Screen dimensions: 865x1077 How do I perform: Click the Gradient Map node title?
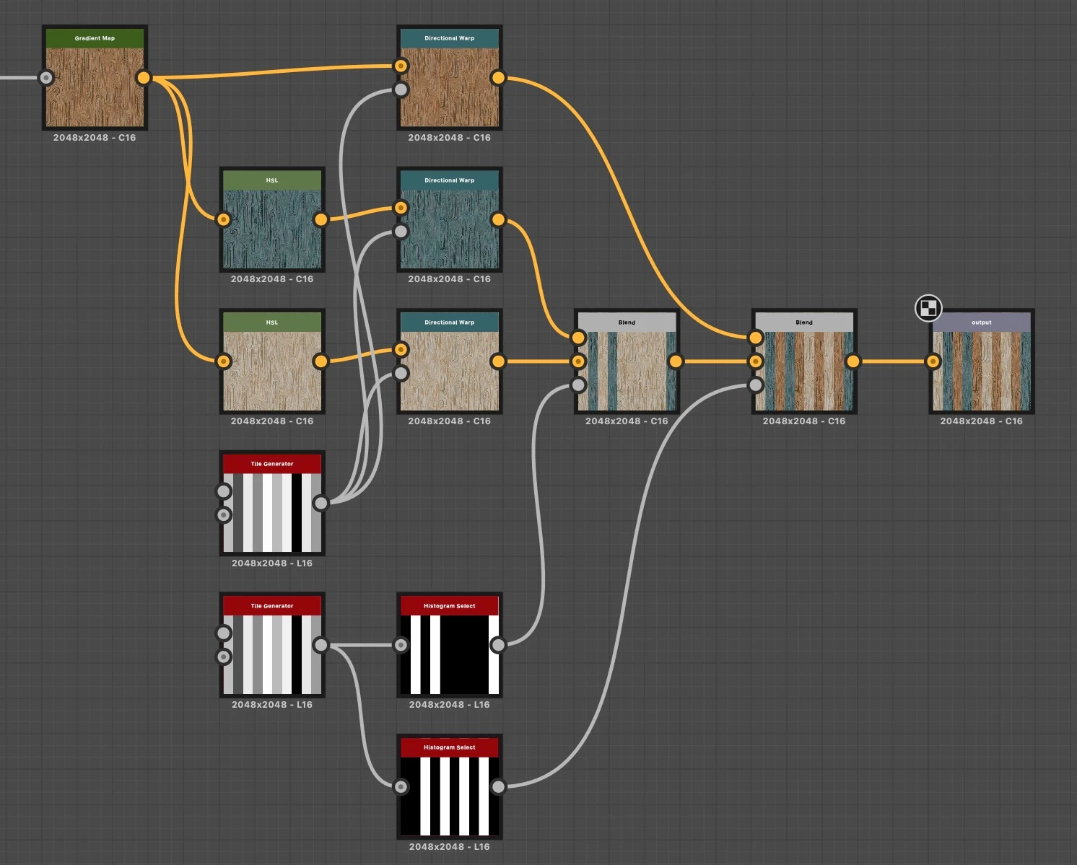95,38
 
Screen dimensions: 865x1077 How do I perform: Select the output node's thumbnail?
982,371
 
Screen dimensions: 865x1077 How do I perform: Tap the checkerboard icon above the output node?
928,308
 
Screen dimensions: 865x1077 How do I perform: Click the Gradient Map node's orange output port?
144,78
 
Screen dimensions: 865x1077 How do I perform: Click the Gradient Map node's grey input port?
46,78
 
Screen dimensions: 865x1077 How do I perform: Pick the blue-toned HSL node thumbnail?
272,229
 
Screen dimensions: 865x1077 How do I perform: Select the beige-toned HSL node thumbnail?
272,371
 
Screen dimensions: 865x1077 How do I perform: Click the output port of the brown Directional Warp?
498,78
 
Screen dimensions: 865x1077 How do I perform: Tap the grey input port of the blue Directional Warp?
401,232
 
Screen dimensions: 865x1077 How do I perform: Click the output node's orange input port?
933,361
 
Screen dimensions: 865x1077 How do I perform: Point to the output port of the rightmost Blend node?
853,361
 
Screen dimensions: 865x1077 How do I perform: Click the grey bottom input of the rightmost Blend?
756,385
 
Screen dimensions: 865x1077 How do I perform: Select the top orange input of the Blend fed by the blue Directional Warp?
578,338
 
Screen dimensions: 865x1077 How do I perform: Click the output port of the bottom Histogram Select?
498,787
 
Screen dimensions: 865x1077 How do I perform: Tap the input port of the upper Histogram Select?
401,645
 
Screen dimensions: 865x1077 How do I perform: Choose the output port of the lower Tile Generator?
321,645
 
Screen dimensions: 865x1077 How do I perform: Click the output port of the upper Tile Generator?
321,503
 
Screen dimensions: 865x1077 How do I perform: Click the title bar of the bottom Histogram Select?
449,747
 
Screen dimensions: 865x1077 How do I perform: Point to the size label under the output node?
981,421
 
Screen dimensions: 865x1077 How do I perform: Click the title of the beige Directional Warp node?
449,322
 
